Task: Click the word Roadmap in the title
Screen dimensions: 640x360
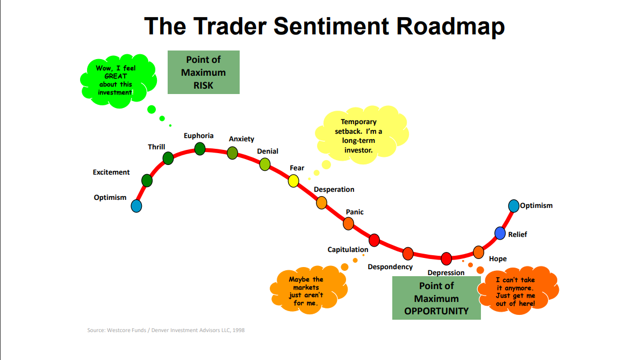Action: [x=450, y=26]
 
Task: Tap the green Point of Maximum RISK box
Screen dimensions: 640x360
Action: [x=203, y=72]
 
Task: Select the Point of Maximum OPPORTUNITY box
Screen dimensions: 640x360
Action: [x=436, y=298]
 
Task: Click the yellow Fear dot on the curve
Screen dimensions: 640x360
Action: [x=293, y=181]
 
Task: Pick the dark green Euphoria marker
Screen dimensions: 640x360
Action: [x=200, y=149]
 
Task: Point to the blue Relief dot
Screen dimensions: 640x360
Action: [x=500, y=233]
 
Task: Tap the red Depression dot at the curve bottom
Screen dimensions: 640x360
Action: [x=446, y=258]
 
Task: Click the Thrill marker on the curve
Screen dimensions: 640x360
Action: [x=168, y=158]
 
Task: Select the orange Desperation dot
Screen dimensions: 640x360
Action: [x=322, y=203]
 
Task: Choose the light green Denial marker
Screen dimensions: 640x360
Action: [x=265, y=164]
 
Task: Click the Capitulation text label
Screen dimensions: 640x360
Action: [x=348, y=249]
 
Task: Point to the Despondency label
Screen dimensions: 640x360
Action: [x=390, y=267]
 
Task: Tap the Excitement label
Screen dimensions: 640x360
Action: [x=111, y=172]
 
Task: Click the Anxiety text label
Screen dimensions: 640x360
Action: [x=241, y=139]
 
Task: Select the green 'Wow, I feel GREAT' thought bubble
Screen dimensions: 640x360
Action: [x=118, y=81]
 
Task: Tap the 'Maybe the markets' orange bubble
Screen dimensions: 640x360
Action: [x=308, y=290]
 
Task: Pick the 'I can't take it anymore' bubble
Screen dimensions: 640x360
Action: [x=518, y=291]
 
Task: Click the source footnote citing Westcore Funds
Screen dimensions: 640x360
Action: [x=166, y=330]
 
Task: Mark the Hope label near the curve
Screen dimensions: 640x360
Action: [x=498, y=259]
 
